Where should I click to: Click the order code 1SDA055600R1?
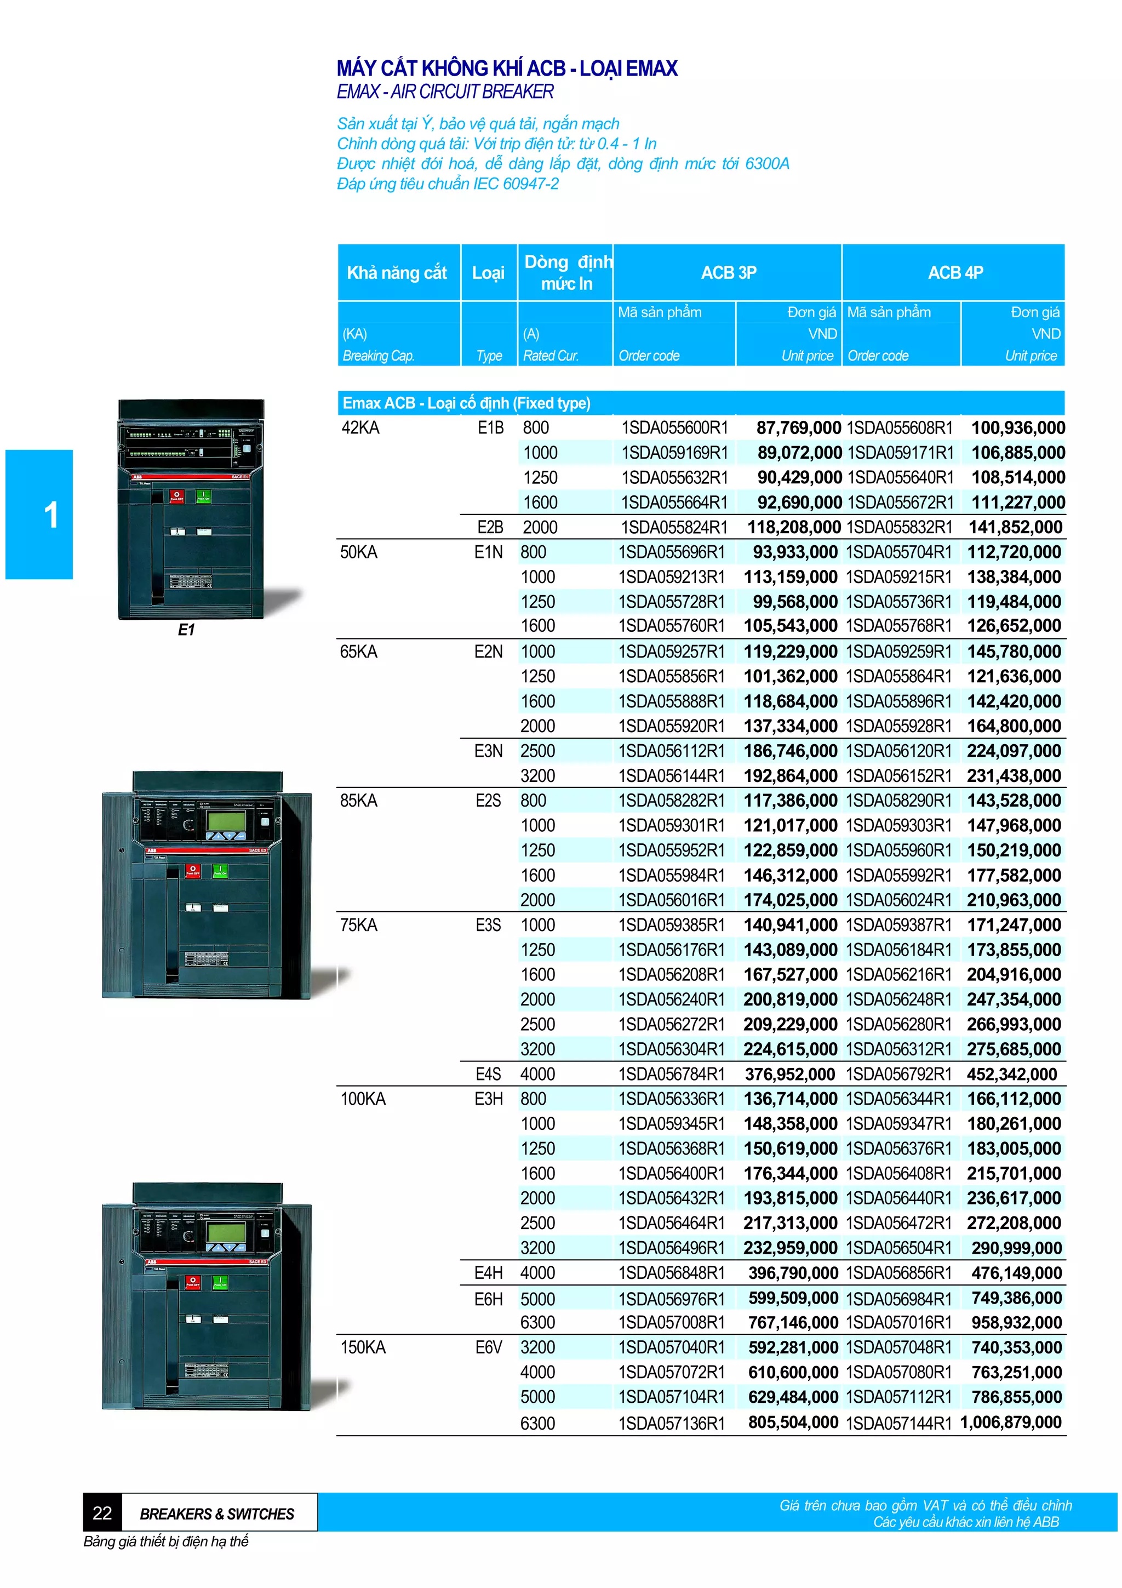click(x=674, y=428)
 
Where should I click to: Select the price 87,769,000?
click(x=798, y=428)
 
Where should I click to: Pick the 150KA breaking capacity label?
click(x=363, y=1347)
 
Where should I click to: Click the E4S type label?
click(x=488, y=1074)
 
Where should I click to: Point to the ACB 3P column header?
click(x=728, y=272)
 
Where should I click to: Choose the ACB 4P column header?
click(x=955, y=272)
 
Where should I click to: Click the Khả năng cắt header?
click(x=397, y=272)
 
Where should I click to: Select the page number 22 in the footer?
click(x=102, y=1513)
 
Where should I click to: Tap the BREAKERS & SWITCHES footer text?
click(x=217, y=1514)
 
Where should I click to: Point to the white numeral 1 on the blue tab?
click(x=51, y=515)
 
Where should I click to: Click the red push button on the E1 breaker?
click(x=177, y=496)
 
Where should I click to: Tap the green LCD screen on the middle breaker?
click(x=226, y=821)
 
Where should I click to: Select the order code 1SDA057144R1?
click(x=898, y=1423)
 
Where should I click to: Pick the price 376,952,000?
click(x=789, y=1074)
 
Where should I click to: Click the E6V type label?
click(x=488, y=1347)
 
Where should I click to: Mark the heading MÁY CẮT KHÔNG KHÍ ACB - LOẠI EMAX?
click(x=507, y=68)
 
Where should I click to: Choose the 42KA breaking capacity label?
click(x=360, y=428)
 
